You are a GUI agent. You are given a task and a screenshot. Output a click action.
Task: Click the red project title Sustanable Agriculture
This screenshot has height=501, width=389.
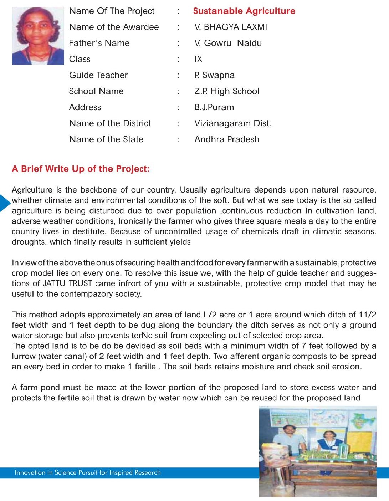[x=244, y=11]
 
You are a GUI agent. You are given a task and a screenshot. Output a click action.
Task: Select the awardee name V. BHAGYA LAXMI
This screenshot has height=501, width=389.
[x=231, y=27]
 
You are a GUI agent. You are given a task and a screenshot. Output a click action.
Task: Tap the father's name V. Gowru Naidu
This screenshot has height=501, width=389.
[x=228, y=43]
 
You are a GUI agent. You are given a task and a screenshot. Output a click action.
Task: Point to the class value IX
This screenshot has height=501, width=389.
[x=198, y=59]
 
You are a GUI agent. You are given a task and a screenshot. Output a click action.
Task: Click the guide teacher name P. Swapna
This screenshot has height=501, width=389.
[x=214, y=75]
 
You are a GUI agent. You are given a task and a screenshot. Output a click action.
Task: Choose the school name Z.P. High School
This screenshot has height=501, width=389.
[x=227, y=91]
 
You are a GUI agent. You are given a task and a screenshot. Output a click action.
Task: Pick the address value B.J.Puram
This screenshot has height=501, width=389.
[x=214, y=107]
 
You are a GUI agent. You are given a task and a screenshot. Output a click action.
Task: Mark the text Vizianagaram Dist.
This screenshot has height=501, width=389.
[x=232, y=123]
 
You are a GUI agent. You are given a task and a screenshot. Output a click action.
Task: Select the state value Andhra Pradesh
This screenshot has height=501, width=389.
[x=227, y=139]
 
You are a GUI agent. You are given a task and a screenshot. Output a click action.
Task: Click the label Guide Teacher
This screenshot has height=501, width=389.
[x=98, y=75]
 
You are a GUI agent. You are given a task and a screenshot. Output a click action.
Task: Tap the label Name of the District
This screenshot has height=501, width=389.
[x=110, y=123]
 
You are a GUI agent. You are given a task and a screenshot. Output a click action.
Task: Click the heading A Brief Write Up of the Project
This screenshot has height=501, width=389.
[x=81, y=169]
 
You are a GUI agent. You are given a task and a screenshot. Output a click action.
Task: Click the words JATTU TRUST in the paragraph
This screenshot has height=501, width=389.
[x=67, y=283]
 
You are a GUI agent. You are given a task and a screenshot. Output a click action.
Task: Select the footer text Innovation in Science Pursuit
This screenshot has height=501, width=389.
[x=88, y=472]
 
